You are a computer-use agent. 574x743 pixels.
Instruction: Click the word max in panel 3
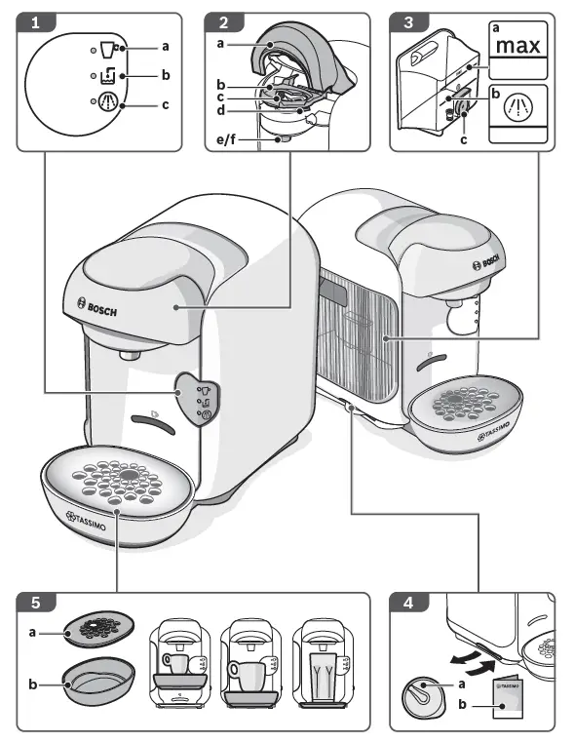coord(517,46)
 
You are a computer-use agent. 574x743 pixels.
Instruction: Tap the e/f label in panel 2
coord(227,140)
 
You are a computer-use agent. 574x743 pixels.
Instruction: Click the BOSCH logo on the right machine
coord(490,263)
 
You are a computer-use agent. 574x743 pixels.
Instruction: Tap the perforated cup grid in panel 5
coord(97,631)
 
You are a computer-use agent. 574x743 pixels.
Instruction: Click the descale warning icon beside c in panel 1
coord(109,104)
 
